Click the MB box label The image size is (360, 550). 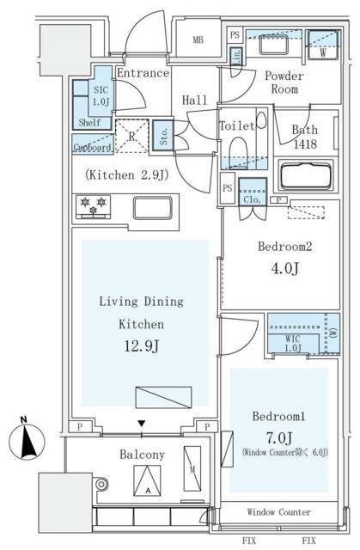click(x=197, y=40)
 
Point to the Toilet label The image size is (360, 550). click(x=237, y=126)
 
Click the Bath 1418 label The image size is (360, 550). click(x=305, y=137)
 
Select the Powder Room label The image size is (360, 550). click(x=285, y=82)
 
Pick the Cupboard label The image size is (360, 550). click(x=92, y=147)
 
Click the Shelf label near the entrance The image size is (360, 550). click(x=89, y=123)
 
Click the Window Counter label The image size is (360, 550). click(x=279, y=512)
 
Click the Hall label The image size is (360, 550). click(x=195, y=101)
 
